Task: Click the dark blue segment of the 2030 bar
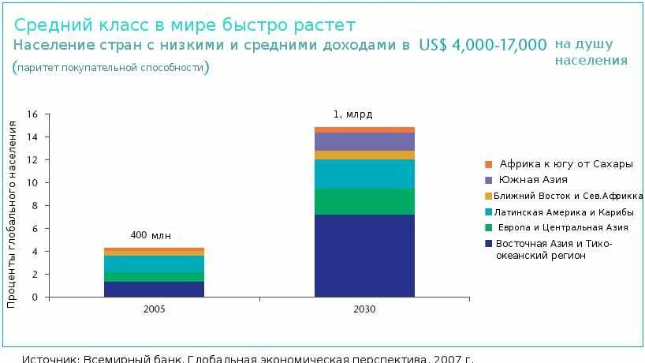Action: (364, 256)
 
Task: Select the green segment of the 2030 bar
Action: (364, 201)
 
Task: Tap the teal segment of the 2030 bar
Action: (364, 174)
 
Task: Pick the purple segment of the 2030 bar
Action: (364, 141)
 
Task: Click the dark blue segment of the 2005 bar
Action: (154, 289)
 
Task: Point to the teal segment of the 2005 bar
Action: (154, 264)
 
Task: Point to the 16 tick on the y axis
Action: (32, 114)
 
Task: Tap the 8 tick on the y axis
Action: (35, 206)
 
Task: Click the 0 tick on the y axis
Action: (35, 298)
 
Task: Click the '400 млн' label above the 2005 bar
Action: (150, 235)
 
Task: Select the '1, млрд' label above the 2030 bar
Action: (352, 114)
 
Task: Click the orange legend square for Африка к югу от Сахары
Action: (489, 164)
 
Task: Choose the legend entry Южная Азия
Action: (533, 180)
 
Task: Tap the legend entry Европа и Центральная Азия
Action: (562, 227)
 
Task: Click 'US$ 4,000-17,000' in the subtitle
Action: (483, 45)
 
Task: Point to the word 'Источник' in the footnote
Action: (50, 359)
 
